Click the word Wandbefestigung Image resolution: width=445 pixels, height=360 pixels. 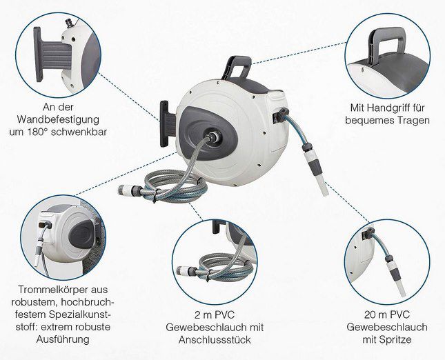(58, 119)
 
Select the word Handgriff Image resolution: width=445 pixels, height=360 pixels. (391, 108)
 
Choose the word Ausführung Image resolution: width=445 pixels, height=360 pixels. (63, 339)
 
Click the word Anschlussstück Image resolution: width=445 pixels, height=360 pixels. (215, 339)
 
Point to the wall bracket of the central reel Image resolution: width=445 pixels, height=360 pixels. (168, 124)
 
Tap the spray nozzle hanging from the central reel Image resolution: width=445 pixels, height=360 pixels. (317, 170)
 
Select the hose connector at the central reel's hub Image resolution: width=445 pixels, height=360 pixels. (213, 137)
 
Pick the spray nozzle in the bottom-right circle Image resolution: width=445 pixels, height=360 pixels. (395, 276)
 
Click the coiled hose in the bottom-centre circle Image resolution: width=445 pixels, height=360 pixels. (216, 268)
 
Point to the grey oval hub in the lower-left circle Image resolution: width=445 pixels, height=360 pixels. (81, 234)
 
